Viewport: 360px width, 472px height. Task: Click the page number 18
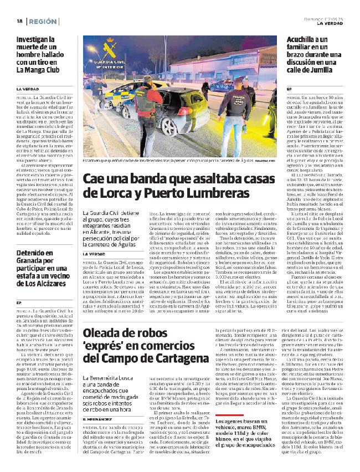click(x=19, y=21)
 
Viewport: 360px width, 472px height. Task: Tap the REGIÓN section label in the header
click(x=43, y=21)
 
